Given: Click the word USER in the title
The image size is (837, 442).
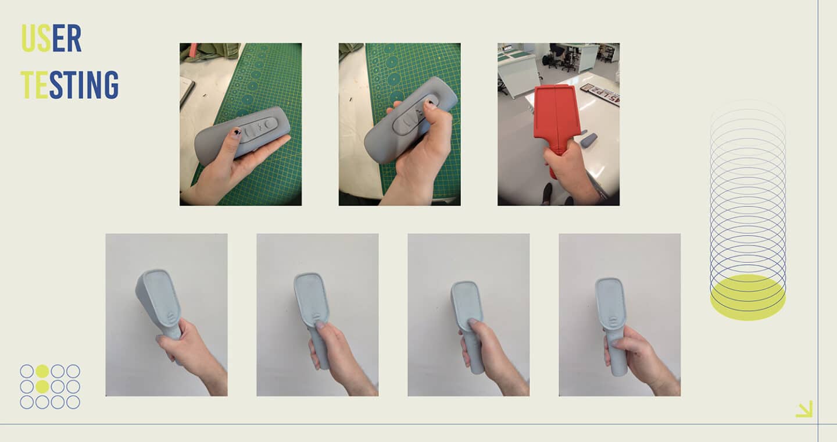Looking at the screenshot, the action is (52, 38).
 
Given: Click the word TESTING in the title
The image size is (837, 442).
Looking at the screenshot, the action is (70, 85).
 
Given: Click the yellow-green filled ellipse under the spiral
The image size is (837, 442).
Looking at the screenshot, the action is (747, 297).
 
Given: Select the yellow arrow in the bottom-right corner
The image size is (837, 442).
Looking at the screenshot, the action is (804, 409).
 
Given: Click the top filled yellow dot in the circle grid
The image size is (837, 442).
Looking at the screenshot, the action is (42, 371).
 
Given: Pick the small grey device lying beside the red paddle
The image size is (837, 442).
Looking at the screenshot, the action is (588, 140).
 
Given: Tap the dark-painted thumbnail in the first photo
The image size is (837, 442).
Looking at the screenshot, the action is (237, 131).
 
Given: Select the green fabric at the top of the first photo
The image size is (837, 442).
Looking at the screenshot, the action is (209, 51).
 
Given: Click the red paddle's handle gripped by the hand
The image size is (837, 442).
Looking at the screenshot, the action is (556, 157).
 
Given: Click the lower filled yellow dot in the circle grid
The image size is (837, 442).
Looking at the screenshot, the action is (42, 387).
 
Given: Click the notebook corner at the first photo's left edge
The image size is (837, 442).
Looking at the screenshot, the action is (187, 92).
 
